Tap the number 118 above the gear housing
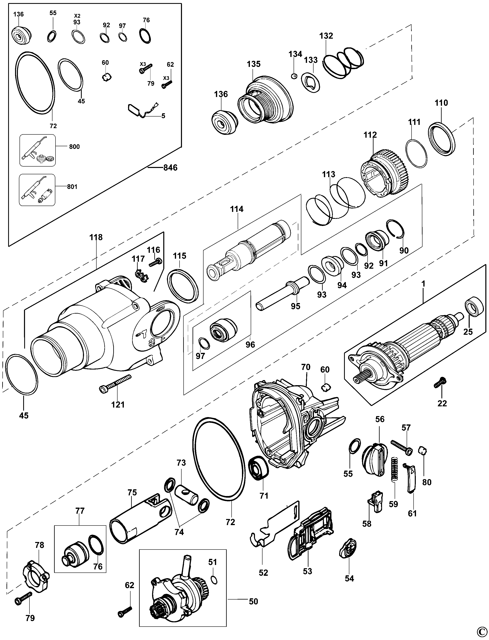coord(96,237)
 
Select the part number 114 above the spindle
coord(237,209)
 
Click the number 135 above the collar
coord(254,64)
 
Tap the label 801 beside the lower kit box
coord(72,187)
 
